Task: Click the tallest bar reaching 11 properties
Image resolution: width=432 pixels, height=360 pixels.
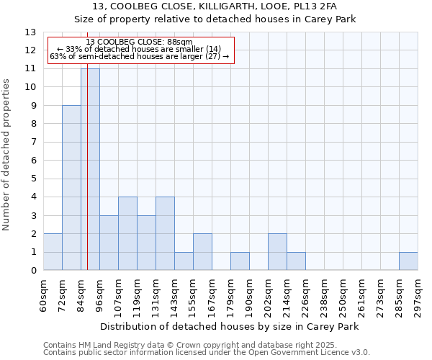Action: [90, 169]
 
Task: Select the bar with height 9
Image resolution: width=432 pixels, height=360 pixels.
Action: [71, 188]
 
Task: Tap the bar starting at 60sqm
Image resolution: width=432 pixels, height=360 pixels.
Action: [53, 252]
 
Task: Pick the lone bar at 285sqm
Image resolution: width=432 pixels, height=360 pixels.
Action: [408, 261]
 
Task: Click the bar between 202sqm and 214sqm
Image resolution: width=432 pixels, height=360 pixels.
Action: [277, 252]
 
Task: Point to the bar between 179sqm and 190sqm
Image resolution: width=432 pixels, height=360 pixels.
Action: [240, 261]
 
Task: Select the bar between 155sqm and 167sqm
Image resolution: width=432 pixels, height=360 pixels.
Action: [202, 252]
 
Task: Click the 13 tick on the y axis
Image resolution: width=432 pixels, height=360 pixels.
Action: [31, 32]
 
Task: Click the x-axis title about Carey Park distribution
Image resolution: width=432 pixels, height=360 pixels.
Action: [230, 326]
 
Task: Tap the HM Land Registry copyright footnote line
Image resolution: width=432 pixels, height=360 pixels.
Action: [205, 345]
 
